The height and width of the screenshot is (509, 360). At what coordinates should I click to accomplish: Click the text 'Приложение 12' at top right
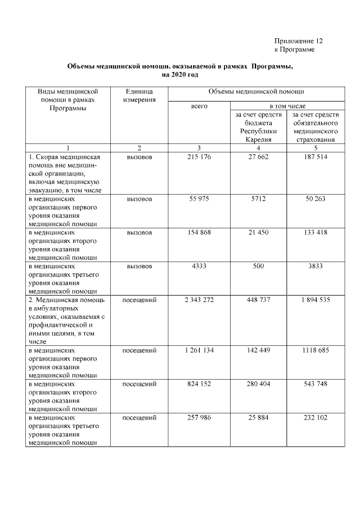(x=299, y=41)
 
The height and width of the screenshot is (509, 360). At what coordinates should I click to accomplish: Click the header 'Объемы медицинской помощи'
(x=256, y=91)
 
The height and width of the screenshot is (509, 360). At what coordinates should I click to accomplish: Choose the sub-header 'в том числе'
(x=287, y=105)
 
